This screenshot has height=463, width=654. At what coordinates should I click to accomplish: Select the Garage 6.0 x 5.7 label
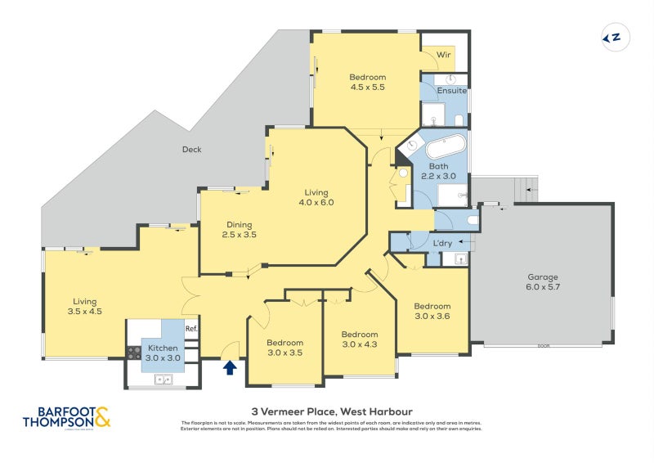click(543, 282)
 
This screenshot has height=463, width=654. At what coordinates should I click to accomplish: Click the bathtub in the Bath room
click(446, 148)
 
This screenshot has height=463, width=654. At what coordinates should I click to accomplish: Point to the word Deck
click(191, 150)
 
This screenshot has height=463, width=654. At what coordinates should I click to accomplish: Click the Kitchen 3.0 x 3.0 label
click(163, 353)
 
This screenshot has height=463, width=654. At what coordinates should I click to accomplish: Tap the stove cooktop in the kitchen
click(133, 353)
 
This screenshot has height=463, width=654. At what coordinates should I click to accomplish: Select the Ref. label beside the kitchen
click(191, 330)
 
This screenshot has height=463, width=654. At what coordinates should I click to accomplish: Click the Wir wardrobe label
click(444, 55)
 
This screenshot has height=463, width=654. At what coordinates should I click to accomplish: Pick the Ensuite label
click(451, 90)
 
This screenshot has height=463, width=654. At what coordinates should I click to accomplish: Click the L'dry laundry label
click(442, 244)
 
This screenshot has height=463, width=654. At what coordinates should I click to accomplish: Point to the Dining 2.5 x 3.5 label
click(239, 230)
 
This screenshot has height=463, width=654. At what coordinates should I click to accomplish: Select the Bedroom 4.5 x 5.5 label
click(367, 82)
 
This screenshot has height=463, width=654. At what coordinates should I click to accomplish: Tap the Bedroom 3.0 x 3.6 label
click(432, 311)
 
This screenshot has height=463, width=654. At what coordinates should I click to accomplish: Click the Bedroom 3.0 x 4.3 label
click(360, 339)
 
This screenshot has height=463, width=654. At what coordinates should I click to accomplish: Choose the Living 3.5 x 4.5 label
click(84, 306)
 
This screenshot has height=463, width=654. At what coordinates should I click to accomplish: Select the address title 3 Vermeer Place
click(331, 411)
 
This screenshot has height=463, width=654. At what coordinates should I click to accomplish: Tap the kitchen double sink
click(163, 379)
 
